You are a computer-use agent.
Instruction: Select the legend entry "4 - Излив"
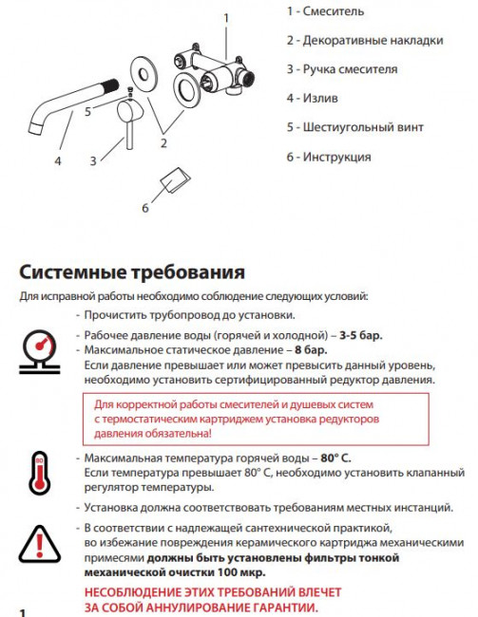click(x=313, y=98)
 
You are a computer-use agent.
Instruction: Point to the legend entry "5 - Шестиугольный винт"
click(x=354, y=127)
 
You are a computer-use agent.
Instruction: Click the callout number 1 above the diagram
click(x=226, y=17)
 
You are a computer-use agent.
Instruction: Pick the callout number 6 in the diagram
click(x=146, y=208)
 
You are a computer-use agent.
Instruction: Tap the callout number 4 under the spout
click(x=58, y=162)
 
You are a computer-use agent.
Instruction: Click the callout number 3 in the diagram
click(x=93, y=162)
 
